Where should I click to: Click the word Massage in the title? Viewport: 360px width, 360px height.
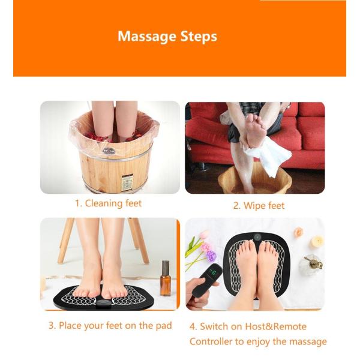147,37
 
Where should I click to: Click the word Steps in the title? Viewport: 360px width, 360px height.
199,37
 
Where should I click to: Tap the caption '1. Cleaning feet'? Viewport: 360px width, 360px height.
109,203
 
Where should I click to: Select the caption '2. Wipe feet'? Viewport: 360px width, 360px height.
259,206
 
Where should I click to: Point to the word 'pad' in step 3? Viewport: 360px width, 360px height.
164,326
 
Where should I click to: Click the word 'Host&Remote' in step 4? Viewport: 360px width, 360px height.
276,326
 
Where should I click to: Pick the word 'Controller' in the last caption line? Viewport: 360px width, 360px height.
211,341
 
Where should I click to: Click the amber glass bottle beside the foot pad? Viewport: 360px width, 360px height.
166,278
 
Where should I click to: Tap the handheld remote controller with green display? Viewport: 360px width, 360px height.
207,280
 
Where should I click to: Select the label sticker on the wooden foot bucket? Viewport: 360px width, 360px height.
127,183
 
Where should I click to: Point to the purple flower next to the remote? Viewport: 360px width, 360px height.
211,256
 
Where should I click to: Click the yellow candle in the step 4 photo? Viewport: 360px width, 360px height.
317,242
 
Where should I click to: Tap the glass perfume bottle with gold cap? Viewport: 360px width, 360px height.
311,265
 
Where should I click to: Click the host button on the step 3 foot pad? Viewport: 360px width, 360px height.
104,304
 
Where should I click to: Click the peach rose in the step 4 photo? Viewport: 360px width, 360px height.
298,232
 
